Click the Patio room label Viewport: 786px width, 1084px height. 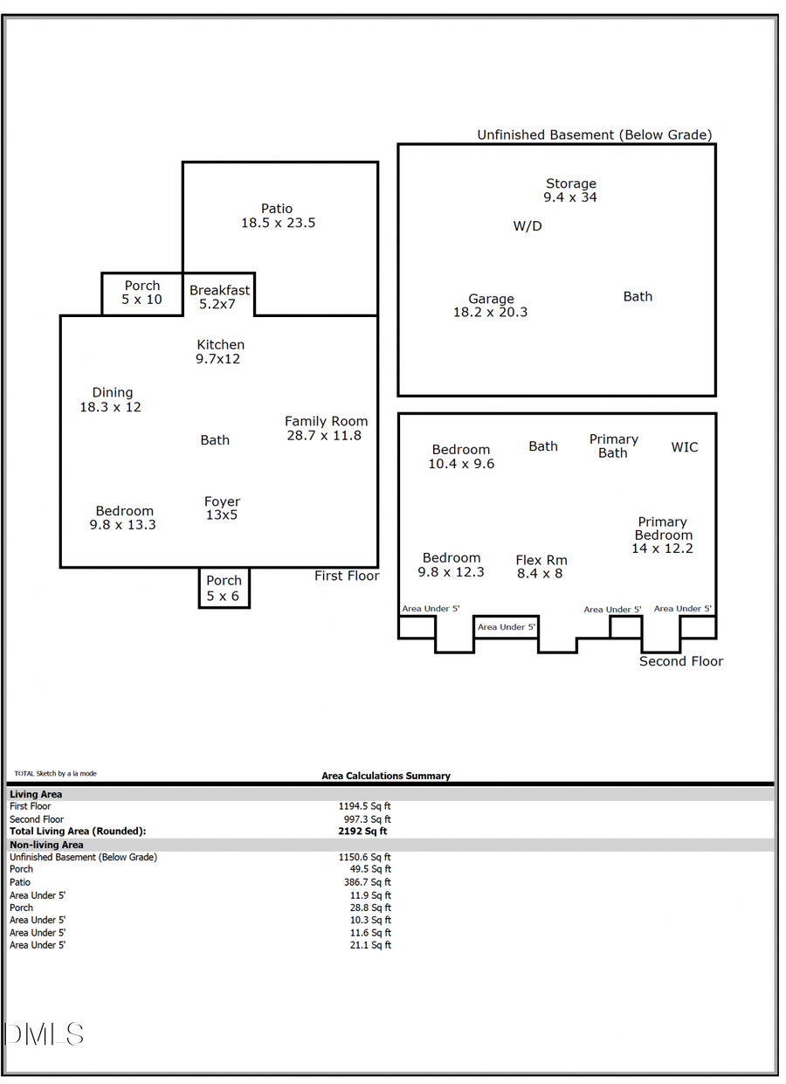[x=278, y=216]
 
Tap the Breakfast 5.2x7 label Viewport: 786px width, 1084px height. [x=219, y=297]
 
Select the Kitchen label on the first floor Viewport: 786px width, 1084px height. [x=219, y=351]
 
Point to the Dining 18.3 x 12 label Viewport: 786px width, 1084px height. [x=111, y=400]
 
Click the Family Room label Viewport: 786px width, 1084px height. [x=325, y=428]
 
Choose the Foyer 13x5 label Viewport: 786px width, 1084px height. [x=222, y=508]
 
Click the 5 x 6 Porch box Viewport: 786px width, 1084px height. [x=224, y=588]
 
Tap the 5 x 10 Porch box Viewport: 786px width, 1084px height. [x=141, y=293]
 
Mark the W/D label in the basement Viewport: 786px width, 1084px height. [x=527, y=226]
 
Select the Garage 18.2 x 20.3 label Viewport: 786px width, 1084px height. [x=490, y=306]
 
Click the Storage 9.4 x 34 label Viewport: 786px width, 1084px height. [x=570, y=190]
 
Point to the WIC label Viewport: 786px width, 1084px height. [x=685, y=447]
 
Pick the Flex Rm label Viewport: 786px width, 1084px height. [x=541, y=567]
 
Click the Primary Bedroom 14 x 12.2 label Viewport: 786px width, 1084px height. [x=662, y=535]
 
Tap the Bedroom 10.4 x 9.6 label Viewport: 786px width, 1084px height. [x=460, y=457]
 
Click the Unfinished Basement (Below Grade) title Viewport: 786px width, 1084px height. [x=594, y=135]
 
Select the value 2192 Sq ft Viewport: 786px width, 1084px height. [x=364, y=832]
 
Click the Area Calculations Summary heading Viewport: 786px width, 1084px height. [x=386, y=776]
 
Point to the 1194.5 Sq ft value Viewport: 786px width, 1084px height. [x=364, y=806]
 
